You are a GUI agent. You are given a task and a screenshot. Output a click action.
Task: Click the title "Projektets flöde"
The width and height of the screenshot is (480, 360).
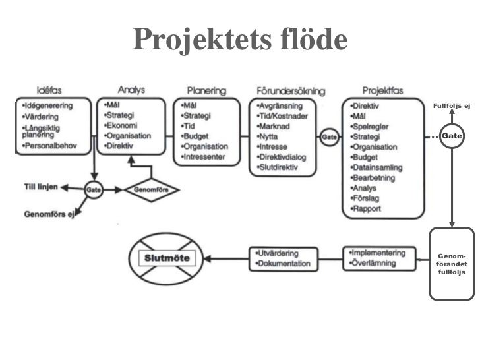239,41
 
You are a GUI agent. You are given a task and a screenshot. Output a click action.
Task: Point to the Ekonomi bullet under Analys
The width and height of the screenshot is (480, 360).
121,125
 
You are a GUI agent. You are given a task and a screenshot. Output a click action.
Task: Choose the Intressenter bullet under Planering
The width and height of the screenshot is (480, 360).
206,157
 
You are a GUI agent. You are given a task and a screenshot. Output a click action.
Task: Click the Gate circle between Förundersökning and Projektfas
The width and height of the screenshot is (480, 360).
328,136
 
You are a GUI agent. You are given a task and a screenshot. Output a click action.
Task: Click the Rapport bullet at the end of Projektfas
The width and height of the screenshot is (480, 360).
368,209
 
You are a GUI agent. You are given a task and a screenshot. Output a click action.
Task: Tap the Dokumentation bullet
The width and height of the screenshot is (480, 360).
282,264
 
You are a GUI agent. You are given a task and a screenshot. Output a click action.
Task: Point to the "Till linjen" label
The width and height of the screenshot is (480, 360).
41,187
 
